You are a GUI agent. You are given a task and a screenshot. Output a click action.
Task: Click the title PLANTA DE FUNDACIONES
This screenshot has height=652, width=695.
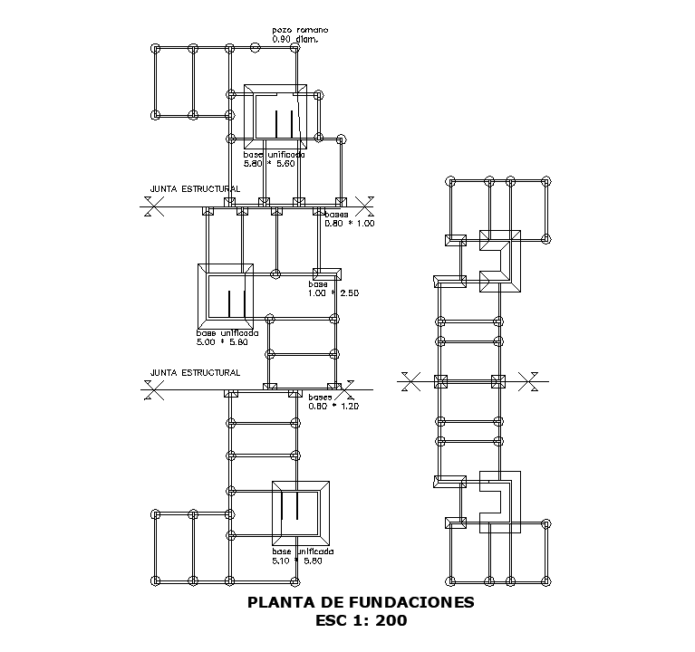(361, 602)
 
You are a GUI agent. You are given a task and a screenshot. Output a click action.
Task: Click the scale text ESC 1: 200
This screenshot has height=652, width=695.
(361, 621)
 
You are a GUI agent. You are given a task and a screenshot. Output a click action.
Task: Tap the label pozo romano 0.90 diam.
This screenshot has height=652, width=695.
(299, 34)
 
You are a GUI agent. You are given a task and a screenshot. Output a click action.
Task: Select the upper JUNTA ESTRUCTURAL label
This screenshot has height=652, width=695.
(195, 189)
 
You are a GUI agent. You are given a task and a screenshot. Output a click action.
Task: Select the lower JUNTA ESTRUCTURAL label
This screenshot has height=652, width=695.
(195, 372)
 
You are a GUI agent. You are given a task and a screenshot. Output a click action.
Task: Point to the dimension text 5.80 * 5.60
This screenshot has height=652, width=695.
(269, 164)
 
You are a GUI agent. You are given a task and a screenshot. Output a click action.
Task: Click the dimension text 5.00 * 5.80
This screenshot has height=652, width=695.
(221, 343)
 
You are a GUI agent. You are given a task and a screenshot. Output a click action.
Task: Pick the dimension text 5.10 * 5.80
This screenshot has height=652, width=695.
(297, 561)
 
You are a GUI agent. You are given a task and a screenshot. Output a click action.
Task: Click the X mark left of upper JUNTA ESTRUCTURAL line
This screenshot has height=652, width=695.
(155, 207)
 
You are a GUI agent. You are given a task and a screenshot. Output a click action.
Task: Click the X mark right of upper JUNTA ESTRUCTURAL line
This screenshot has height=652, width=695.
(365, 207)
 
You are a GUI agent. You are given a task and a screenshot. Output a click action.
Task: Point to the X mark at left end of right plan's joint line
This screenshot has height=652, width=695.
(410, 381)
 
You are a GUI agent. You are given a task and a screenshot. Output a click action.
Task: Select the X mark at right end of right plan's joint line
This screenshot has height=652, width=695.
(532, 381)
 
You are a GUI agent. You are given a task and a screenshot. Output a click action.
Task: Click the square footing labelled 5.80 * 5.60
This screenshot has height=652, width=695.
(276, 119)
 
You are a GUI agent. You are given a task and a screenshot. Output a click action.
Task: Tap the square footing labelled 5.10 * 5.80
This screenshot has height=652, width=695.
(299, 513)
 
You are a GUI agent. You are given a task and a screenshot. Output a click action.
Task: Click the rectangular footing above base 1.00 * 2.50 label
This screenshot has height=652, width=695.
(326, 273)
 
